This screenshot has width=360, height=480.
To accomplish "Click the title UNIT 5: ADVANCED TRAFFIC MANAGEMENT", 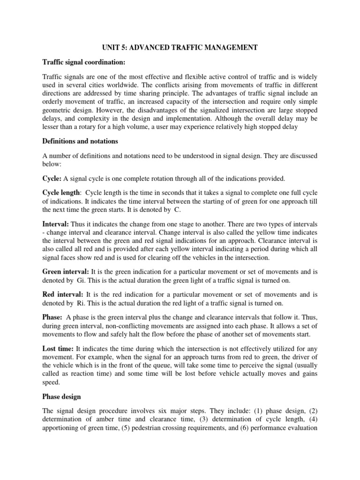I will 180,48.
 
